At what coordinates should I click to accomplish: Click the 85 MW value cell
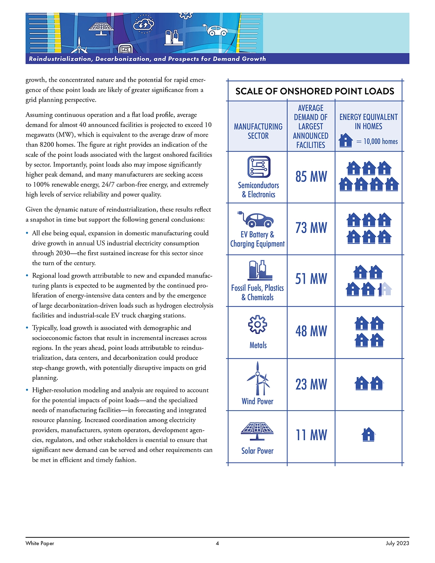pos(311,177)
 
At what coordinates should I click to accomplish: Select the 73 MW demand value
pos(311,228)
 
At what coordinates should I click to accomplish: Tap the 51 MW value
pos(311,279)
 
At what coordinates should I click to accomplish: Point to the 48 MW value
pos(311,331)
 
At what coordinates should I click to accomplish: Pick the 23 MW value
pos(311,384)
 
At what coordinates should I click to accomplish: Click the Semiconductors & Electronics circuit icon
pos(259,167)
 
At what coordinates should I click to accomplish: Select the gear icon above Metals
pos(258,324)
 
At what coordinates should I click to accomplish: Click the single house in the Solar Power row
pos(369,434)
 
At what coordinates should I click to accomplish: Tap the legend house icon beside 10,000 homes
pos(345,140)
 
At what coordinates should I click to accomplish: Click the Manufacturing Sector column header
pos(258,131)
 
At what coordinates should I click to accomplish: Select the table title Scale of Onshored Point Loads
pos(315,91)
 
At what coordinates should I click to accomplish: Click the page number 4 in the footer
pos(217,543)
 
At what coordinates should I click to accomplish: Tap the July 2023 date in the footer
pos(397,543)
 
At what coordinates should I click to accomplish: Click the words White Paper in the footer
pos(40,543)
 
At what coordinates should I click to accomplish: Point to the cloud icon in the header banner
pos(143,24)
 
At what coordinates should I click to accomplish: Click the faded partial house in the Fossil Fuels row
pos(385,289)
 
